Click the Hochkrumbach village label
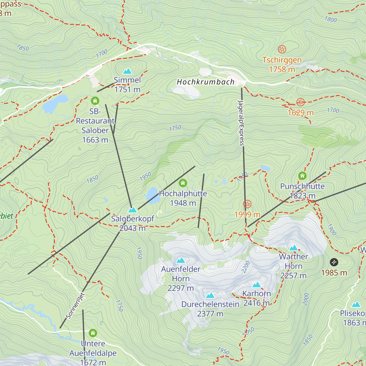[206, 82]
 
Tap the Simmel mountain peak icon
[127, 71]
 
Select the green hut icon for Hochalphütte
[183, 183]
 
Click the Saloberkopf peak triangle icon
[132, 210]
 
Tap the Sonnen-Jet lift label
[75, 306]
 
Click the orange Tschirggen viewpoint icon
[282, 49]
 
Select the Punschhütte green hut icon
[302, 176]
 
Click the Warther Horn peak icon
[293, 248]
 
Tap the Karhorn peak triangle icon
[257, 285]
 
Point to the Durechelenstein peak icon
[210, 296]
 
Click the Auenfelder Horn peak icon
[181, 260]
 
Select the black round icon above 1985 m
[334, 262]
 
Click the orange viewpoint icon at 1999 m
[247, 204]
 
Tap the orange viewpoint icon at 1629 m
[300, 102]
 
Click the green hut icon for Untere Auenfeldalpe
[93, 333]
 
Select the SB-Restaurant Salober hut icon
[95, 101]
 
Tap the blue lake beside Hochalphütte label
[153, 195]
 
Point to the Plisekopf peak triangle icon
[356, 304]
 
